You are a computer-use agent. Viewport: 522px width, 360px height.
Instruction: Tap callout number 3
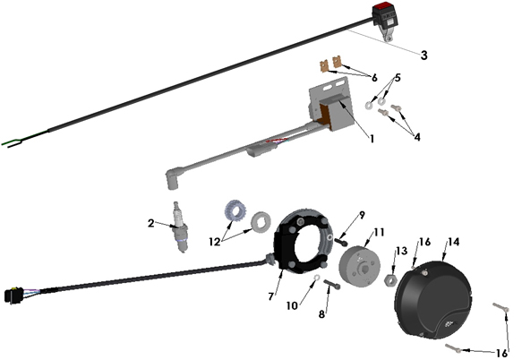[x=424, y=55]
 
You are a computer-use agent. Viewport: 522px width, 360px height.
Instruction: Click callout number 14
[x=453, y=242]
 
